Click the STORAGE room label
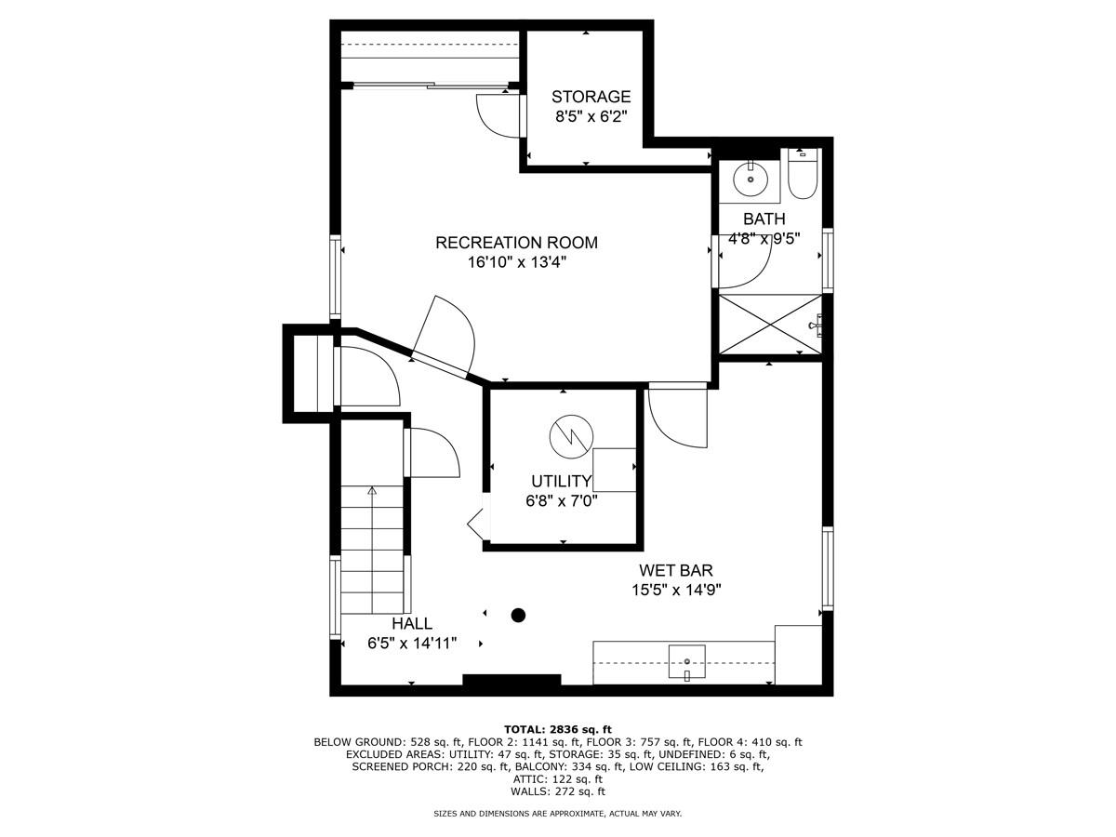[591, 97]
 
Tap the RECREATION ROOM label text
[516, 243]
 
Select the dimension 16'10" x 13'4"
[516, 262]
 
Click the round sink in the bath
[749, 179]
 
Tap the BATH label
[764, 219]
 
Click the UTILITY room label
[561, 481]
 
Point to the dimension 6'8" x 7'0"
[561, 500]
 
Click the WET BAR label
[675, 570]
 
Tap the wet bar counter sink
[686, 661]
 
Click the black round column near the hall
[518, 615]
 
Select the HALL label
[411, 623]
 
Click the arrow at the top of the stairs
[372, 489]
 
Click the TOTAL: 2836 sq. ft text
[557, 729]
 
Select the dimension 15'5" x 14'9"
[675, 589]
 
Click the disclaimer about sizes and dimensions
[557, 814]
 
